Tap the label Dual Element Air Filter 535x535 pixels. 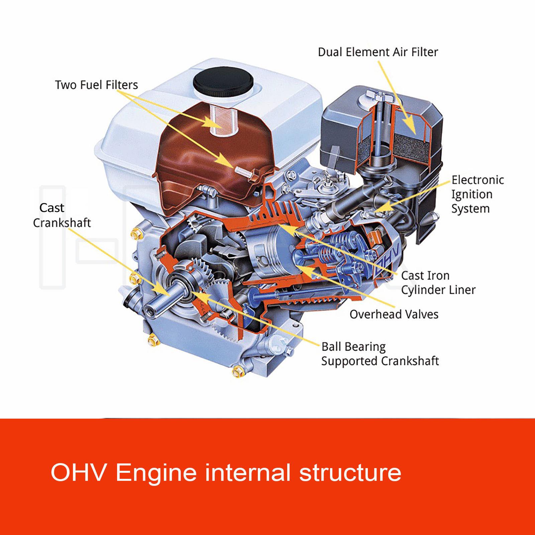378,52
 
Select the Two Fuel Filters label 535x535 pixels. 96,85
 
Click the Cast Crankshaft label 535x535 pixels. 62,215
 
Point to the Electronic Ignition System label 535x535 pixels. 477,194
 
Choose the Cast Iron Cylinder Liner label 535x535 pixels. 438,283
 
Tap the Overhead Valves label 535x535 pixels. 394,314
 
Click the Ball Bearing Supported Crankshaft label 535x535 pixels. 380,354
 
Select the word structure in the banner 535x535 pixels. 350,472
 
